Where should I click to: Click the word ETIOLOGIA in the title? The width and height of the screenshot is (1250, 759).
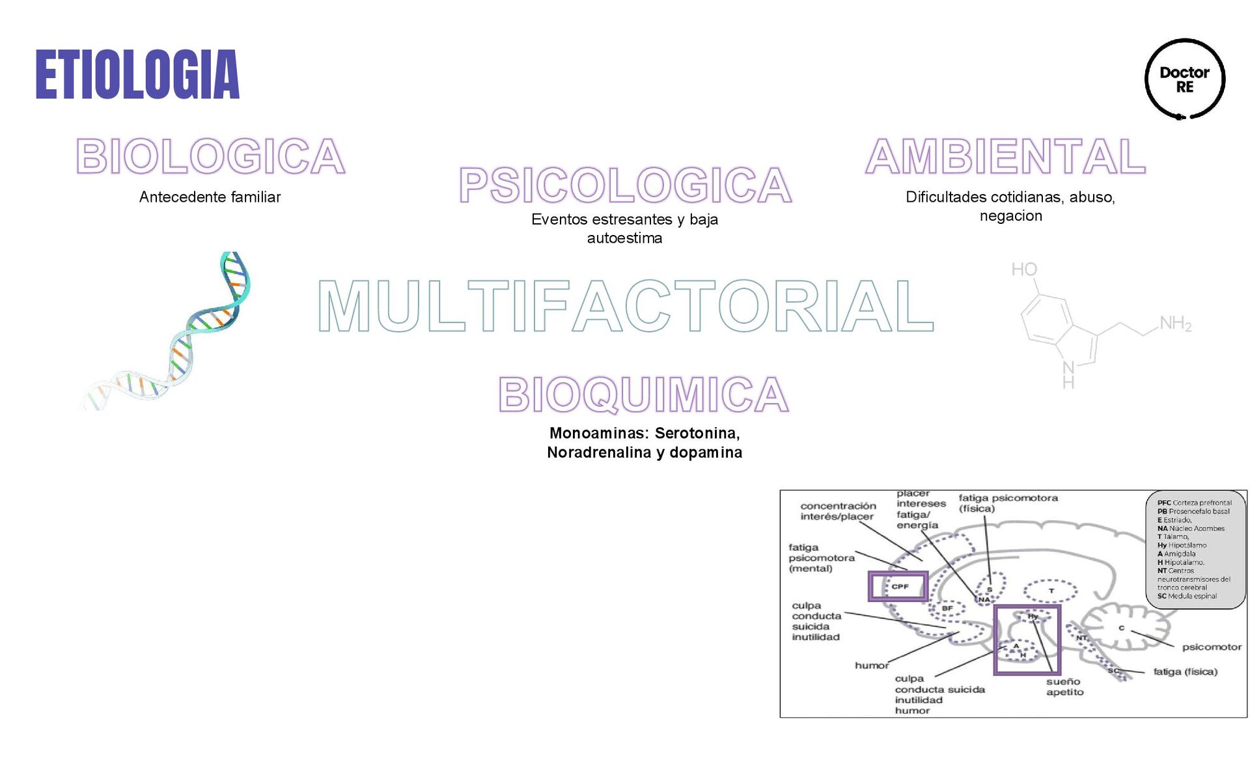[137, 75]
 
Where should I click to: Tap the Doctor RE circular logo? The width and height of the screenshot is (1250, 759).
[1184, 79]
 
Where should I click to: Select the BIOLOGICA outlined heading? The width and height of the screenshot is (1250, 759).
[210, 157]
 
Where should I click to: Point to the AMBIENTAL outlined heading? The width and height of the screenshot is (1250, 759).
[1005, 157]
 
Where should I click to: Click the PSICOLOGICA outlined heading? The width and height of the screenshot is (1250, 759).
[625, 185]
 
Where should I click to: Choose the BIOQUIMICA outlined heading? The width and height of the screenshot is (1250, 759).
[643, 394]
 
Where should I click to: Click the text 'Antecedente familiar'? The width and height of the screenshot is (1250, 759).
[210, 197]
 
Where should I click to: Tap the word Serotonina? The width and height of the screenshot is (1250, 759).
[697, 434]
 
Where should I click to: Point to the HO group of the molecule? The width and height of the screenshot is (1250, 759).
[1024, 269]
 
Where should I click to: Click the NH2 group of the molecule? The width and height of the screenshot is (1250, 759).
[1175, 324]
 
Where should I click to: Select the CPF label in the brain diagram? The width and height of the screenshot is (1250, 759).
[900, 586]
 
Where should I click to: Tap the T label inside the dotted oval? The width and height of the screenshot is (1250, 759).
[1051, 591]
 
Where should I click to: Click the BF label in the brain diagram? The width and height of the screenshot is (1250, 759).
[947, 609]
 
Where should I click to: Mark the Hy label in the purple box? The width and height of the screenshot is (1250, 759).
[1033, 616]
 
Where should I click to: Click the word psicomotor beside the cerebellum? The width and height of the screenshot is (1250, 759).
[1212, 647]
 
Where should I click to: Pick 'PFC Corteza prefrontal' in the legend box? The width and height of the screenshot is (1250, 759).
[1194, 503]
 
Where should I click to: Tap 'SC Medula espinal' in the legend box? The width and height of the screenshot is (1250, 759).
[1187, 596]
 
